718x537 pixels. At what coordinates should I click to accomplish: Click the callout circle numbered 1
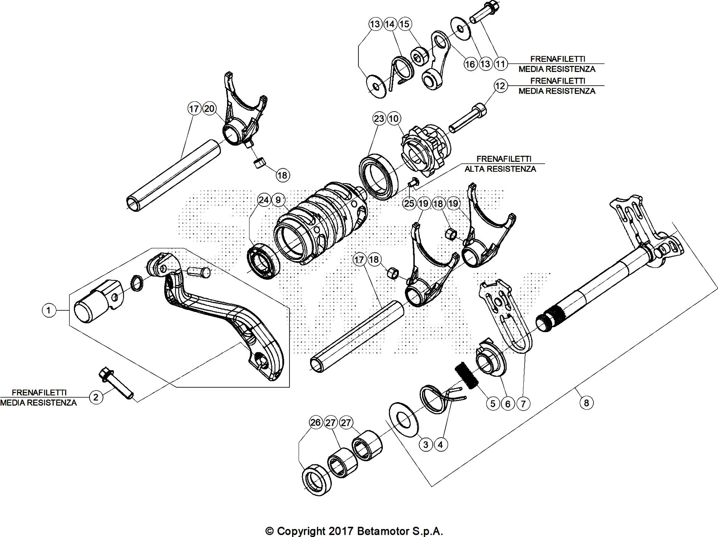pos(48,310)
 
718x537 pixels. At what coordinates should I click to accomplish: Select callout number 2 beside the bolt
pos(96,398)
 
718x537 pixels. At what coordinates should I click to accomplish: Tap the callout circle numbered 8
pos(587,403)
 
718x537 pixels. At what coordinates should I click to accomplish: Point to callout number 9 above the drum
pos(278,200)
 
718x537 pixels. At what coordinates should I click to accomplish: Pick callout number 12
pos(501,86)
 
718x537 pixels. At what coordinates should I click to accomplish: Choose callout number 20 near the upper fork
pos(209,109)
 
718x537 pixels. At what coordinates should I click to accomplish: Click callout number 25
pos(409,203)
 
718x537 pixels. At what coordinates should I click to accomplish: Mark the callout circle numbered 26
pos(315,422)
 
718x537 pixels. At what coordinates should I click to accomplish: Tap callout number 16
pos(470,64)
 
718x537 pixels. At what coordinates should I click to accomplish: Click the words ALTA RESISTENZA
pos(500,169)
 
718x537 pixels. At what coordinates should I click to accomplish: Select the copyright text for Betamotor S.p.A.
pos(354,531)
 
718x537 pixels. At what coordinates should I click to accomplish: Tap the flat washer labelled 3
pos(403,419)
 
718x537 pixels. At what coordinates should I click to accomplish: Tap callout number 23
pos(379,119)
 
